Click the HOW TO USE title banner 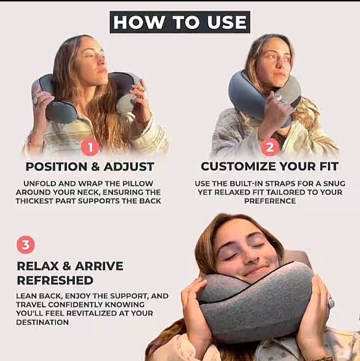[x=180, y=22]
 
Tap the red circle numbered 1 [x=90, y=147]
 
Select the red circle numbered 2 [x=270, y=147]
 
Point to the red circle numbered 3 [x=26, y=245]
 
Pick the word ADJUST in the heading [x=129, y=167]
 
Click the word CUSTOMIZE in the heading [x=238, y=167]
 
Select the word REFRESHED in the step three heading [x=55, y=281]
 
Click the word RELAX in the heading [x=38, y=266]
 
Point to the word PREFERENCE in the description [x=270, y=201]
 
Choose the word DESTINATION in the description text [x=42, y=322]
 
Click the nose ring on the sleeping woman [x=253, y=261]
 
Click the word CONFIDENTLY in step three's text [x=75, y=304]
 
